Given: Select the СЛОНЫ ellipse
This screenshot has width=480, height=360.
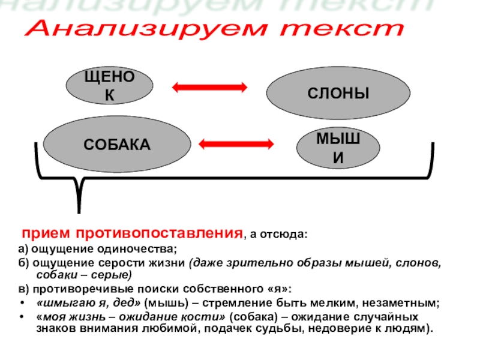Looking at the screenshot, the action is [x=338, y=93].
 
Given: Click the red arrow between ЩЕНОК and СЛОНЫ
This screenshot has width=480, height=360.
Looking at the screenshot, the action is [x=209, y=88].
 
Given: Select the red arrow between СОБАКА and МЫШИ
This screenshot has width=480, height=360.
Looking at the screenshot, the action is [x=236, y=144].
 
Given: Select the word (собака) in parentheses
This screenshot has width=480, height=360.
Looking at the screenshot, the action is [x=250, y=317].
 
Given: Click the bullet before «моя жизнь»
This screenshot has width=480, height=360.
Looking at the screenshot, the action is [x=23, y=317].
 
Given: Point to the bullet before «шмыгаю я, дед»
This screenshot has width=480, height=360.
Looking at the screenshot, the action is [x=23, y=303].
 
